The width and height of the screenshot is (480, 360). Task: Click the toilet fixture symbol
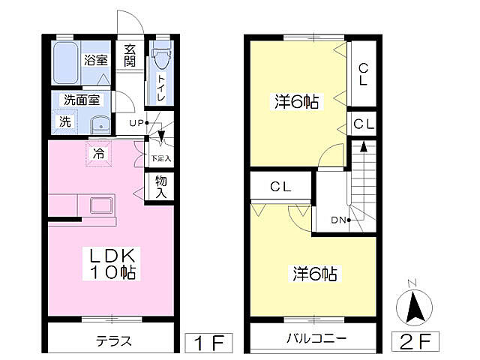162,58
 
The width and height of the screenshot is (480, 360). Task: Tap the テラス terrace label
114,340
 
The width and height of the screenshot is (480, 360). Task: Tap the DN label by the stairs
338,220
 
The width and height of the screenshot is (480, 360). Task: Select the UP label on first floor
136,122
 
